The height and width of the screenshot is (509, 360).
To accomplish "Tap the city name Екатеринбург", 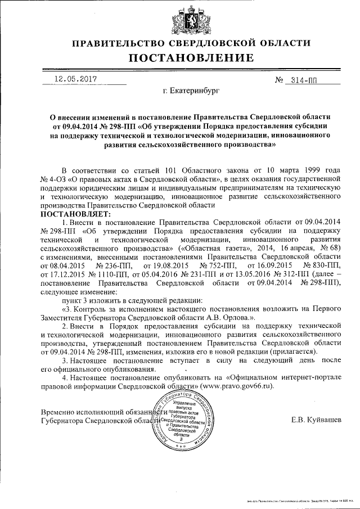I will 191,89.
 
